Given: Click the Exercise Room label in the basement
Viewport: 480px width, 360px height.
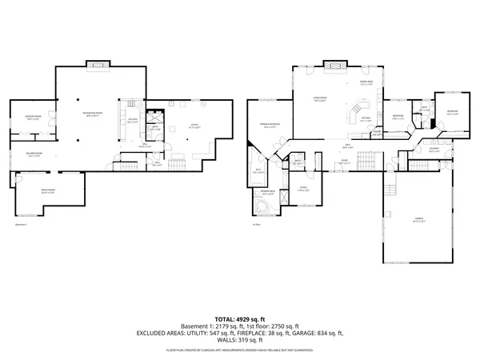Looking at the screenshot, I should [33, 118].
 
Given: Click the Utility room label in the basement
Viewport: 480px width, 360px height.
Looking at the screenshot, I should [194, 126].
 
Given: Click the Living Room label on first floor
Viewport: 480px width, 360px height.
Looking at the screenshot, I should [319, 99].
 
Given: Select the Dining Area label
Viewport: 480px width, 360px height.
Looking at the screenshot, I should [366, 82].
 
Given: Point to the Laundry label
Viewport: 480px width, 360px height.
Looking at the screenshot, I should [434, 149].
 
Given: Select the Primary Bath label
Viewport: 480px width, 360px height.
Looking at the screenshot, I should [266, 193].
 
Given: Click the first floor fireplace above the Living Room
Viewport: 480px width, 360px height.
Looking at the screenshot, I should [334, 64].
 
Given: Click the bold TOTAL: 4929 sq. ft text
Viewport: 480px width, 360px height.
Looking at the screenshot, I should [239, 318].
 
